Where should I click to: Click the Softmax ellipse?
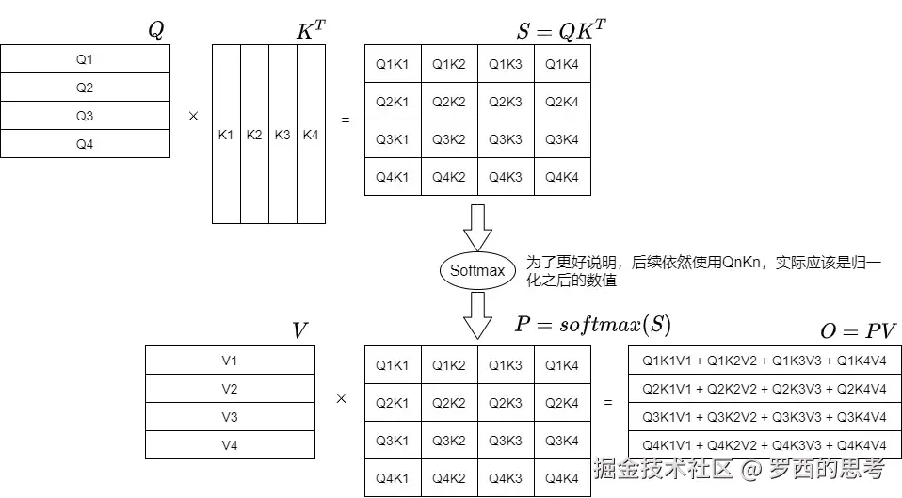click(477, 271)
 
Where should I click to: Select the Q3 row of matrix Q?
click(85, 116)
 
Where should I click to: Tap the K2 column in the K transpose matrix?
click(254, 135)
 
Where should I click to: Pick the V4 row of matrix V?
click(230, 445)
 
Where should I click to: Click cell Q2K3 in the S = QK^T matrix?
click(506, 102)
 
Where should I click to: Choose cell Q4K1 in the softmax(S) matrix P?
click(393, 478)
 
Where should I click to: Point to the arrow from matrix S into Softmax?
click(477, 227)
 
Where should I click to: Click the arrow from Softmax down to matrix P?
click(477, 314)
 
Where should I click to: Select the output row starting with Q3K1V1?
click(765, 417)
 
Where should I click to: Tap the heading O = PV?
click(858, 330)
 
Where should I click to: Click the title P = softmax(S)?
click(592, 326)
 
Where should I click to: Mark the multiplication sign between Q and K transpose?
click(193, 117)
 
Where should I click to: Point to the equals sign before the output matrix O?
click(608, 403)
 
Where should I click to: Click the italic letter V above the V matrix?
click(299, 330)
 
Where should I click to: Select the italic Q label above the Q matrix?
click(156, 30)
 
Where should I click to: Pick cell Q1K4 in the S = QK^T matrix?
click(562, 64)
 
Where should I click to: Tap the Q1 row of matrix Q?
click(85, 59)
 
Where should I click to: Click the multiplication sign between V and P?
click(341, 399)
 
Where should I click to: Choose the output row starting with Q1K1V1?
click(765, 361)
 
